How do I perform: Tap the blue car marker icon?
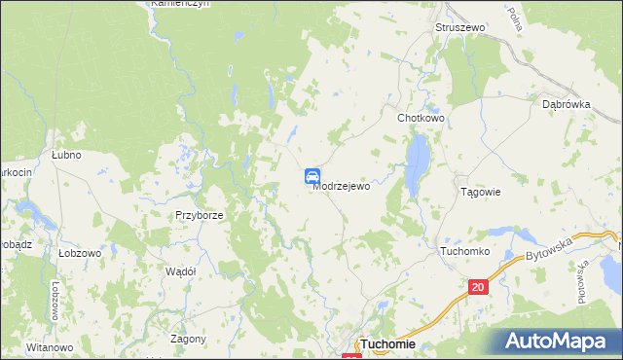click(x=312, y=175)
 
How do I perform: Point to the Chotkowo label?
click(x=421, y=118)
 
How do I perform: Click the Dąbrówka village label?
click(x=567, y=104)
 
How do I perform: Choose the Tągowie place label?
click(x=480, y=192)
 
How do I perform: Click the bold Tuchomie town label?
click(x=387, y=344)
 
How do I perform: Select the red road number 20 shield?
click(x=477, y=287)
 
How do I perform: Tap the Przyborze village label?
click(x=200, y=216)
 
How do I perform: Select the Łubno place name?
click(x=65, y=155)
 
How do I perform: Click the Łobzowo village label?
click(x=80, y=252)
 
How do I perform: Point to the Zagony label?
click(x=188, y=339)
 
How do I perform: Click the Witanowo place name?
click(x=50, y=347)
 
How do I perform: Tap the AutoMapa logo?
click(x=558, y=340)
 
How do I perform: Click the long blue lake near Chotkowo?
click(x=417, y=162)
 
